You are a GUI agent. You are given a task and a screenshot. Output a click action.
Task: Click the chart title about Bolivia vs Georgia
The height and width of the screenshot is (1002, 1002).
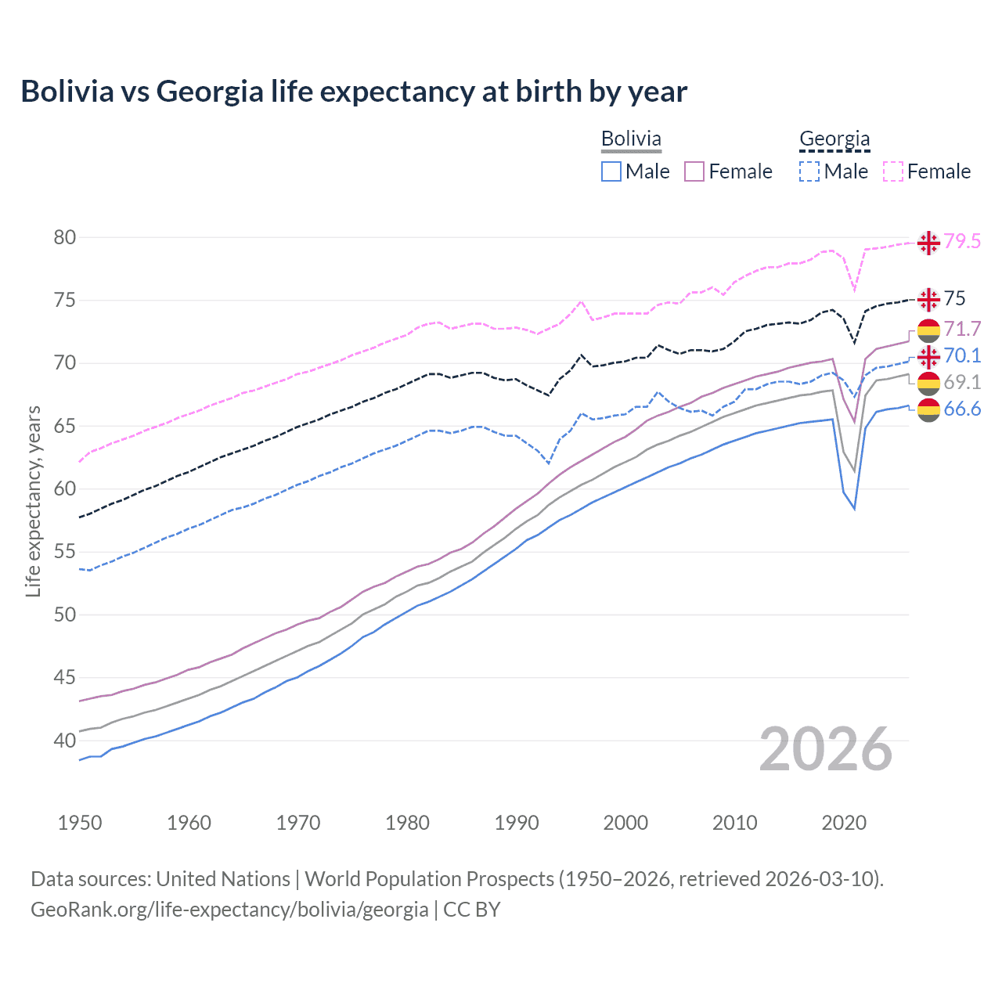click(x=354, y=92)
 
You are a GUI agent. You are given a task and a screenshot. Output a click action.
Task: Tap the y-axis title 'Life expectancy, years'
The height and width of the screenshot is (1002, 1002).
click(x=33, y=501)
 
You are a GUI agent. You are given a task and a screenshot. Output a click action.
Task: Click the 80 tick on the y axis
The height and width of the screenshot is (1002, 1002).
click(x=64, y=237)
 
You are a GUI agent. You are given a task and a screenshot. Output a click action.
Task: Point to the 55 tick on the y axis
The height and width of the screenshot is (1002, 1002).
click(x=64, y=552)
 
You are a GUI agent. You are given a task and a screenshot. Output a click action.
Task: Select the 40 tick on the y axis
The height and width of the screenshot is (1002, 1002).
click(x=64, y=741)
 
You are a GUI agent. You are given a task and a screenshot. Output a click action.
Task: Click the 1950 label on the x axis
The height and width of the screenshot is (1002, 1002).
click(x=80, y=823)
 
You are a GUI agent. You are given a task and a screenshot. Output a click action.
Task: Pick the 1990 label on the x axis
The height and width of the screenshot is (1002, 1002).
click(x=517, y=823)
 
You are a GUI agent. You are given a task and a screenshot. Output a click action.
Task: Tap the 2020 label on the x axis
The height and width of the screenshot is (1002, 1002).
click(x=844, y=823)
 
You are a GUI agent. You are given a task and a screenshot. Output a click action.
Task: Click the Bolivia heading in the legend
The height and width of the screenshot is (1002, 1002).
click(x=631, y=139)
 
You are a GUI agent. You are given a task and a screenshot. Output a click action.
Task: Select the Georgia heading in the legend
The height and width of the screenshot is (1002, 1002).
click(x=834, y=139)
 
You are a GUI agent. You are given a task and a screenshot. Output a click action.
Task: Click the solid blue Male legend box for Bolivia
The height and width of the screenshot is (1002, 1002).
click(x=611, y=171)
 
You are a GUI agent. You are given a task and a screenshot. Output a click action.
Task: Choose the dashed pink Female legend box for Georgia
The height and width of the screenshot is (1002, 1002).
click(x=893, y=171)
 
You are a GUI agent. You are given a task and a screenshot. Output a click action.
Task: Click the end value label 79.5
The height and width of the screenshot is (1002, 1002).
click(x=962, y=241)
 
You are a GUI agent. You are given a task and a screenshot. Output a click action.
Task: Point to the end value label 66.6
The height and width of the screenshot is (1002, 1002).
click(x=962, y=409)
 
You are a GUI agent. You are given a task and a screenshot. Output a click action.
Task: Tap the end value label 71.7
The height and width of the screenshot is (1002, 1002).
click(x=962, y=329)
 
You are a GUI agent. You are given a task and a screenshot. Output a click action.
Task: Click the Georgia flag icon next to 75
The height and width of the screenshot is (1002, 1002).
click(x=928, y=299)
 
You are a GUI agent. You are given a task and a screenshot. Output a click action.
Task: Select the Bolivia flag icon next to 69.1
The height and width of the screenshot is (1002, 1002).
click(x=928, y=383)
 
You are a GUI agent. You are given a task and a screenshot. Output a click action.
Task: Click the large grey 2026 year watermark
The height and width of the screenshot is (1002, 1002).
click(x=826, y=750)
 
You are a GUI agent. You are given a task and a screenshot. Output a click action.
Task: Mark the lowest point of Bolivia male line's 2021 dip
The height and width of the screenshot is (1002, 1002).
click(x=855, y=509)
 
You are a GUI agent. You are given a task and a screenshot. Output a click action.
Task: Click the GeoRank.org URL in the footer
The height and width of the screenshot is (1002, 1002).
click(x=229, y=910)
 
